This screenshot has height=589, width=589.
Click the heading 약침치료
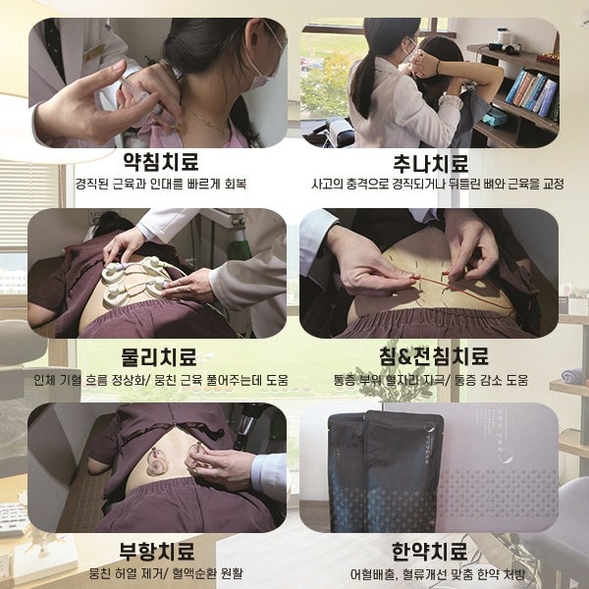[161, 162]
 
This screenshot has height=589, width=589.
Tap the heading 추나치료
[431, 163]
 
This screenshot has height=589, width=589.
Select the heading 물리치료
[158, 356]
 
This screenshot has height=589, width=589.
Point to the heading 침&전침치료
[434, 355]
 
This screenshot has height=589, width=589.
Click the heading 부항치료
[157, 551]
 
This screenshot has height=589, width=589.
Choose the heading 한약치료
[429, 551]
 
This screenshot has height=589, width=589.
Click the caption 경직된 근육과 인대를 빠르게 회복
[161, 184]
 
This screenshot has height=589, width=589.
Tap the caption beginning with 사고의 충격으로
[438, 185]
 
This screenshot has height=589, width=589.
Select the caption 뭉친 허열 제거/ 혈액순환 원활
[166, 573]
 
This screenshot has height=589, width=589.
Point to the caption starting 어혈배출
[437, 574]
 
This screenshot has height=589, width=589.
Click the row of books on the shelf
[531, 92]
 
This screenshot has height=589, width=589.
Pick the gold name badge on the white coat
[93, 53]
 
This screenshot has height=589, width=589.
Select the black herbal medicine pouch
[385, 471]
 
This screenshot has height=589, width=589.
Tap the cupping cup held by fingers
[198, 455]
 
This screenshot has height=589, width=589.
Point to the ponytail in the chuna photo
[361, 84]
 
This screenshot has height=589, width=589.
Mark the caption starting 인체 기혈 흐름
[160, 380]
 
